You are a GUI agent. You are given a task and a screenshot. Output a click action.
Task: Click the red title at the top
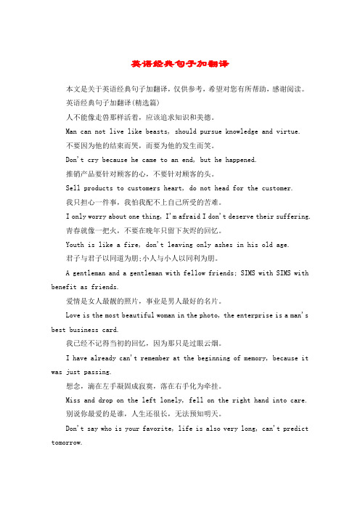click(179, 64)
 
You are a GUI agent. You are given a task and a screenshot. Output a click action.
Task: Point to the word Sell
click(73, 187)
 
